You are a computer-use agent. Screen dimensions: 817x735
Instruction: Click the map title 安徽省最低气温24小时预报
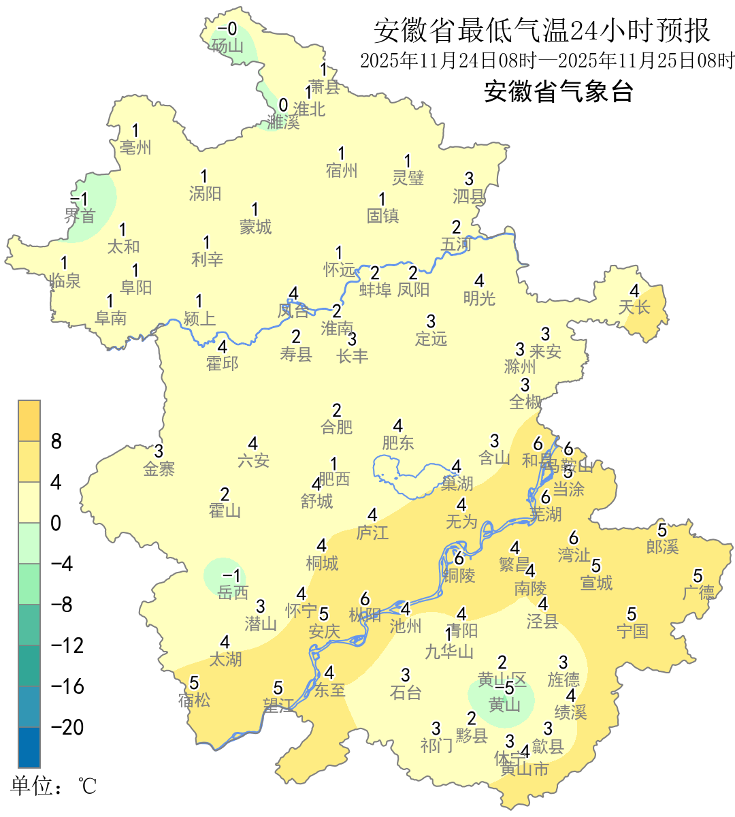tap(542, 31)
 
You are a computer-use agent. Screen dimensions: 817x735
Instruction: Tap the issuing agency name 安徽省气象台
tap(558, 91)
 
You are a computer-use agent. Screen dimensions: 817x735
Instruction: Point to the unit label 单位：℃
tap(54, 786)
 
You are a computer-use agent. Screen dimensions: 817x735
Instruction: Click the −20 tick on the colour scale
tap(67, 727)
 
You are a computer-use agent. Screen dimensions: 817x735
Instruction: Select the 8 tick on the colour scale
tap(56, 441)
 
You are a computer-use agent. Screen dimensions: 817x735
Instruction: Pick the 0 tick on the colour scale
tap(56, 523)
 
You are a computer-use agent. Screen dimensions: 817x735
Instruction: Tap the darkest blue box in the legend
tap(29, 747)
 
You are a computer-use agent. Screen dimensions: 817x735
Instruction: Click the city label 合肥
tap(337, 427)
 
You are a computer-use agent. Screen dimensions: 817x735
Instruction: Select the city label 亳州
tap(135, 147)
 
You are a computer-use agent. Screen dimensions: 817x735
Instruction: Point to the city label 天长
tap(634, 307)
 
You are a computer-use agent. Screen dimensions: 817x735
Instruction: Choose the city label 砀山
tap(227, 46)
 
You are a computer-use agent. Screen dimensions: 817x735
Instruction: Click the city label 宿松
tap(194, 699)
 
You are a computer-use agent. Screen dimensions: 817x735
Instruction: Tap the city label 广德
tap(698, 592)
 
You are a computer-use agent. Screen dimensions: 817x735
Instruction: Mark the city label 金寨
tap(159, 468)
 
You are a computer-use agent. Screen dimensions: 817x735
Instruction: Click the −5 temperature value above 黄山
tap(505, 688)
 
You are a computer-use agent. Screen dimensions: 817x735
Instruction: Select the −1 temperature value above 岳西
tap(232, 576)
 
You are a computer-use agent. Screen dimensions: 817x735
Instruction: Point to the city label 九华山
tap(449, 652)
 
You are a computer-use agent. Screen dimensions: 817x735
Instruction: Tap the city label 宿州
tap(342, 170)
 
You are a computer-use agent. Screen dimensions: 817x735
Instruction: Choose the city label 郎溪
tap(662, 546)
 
